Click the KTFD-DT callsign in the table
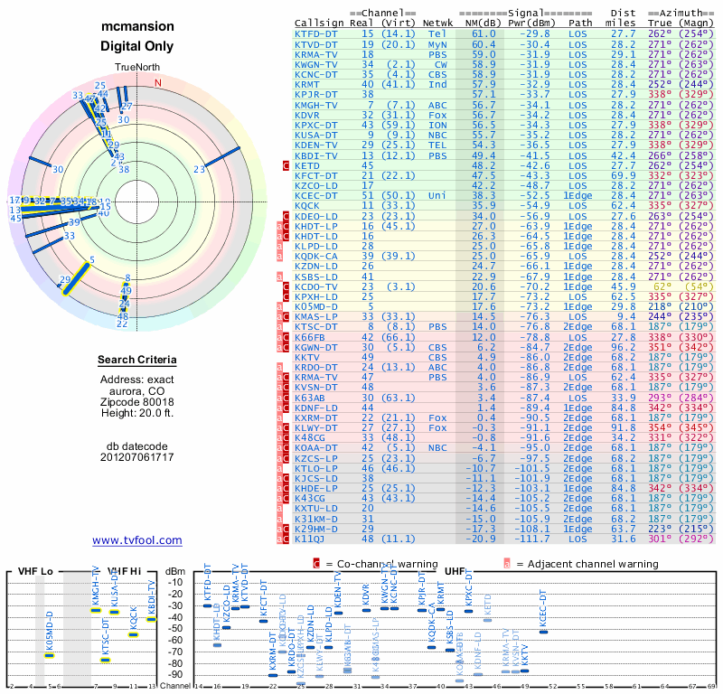pos(316,33)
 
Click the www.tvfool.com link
pos(137,540)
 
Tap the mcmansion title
pos(137,27)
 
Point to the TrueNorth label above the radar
pos(136,68)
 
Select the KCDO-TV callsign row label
pos(316,286)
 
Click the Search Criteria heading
pos(137,361)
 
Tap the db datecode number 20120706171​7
pos(137,457)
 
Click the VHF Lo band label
pos(35,570)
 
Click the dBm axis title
pos(174,570)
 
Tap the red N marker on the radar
pos(159,82)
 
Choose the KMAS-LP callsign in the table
pos(316,316)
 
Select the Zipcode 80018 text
pos(137,401)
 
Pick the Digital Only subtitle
pos(137,46)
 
